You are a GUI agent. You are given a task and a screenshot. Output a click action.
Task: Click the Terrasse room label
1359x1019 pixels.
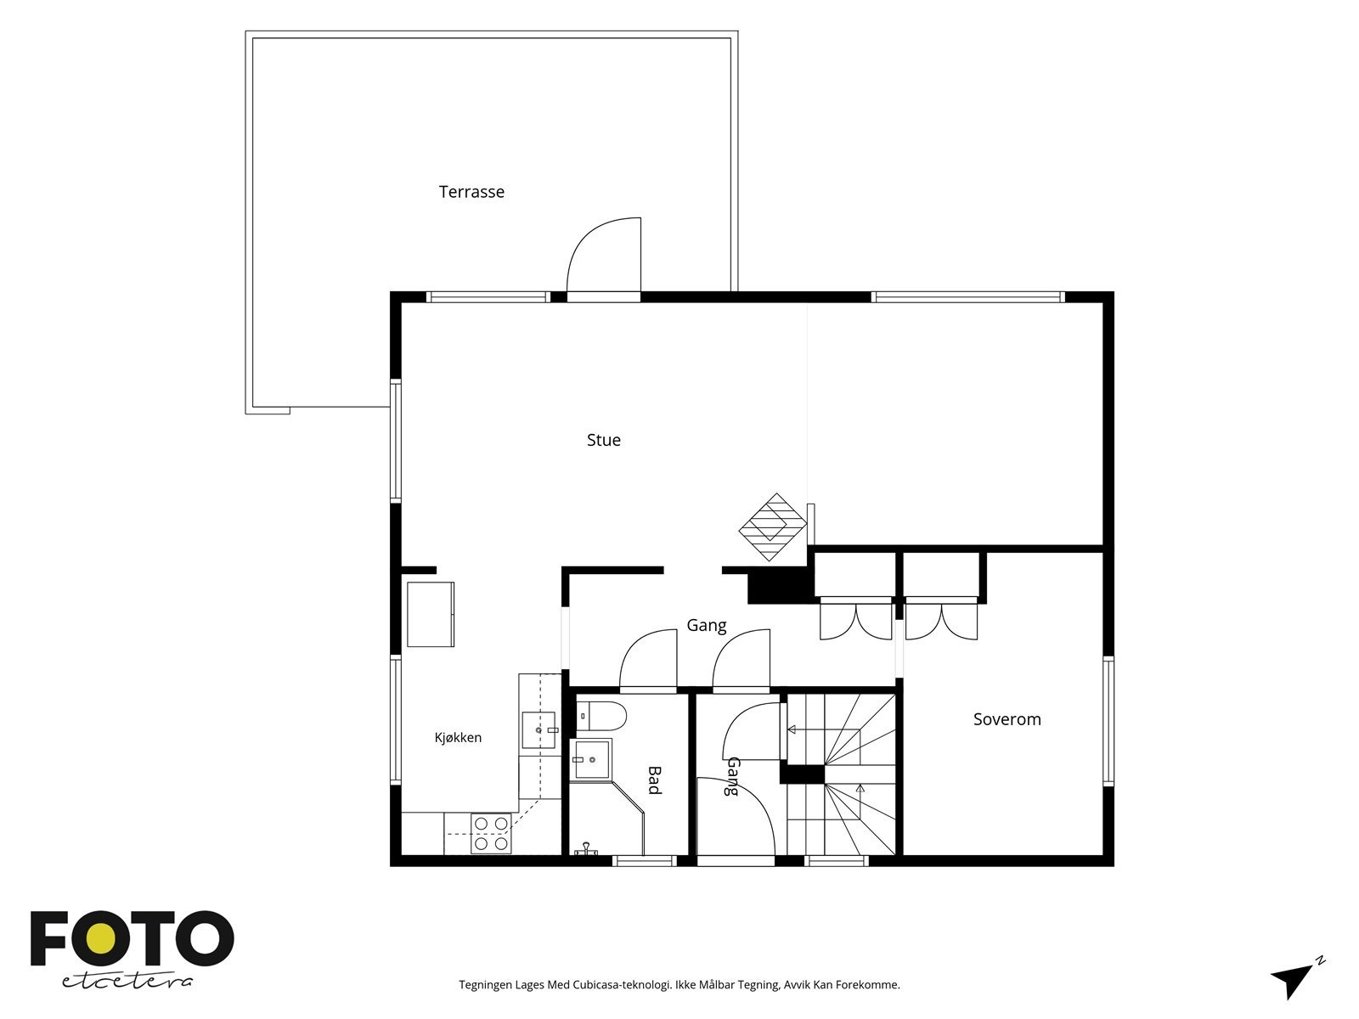(471, 192)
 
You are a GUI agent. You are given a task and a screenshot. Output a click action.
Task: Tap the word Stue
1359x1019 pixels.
(604, 440)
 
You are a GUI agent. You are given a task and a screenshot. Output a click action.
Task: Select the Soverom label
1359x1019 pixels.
(1007, 719)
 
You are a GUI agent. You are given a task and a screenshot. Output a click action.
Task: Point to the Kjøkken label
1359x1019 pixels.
(458, 737)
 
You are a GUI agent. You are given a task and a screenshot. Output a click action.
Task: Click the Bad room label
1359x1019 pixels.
(654, 780)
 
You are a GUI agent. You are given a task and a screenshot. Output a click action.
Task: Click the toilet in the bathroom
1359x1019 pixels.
(601, 716)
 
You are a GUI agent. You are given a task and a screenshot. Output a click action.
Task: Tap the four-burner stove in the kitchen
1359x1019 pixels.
(491, 833)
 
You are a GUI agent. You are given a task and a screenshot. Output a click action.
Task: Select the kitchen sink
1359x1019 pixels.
(539, 730)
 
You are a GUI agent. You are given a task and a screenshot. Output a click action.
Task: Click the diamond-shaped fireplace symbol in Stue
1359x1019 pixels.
(773, 527)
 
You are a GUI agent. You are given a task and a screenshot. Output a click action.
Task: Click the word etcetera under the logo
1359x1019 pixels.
(127, 982)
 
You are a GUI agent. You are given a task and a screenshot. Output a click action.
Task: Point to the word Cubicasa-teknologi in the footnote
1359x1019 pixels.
(623, 984)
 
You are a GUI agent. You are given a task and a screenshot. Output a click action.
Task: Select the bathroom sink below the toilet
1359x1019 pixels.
(591, 758)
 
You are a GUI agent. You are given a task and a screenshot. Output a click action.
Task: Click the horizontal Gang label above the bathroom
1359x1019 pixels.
(707, 626)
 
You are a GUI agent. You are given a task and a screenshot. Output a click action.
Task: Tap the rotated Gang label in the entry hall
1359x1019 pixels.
(732, 776)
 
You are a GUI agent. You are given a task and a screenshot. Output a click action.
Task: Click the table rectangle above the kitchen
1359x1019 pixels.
(431, 614)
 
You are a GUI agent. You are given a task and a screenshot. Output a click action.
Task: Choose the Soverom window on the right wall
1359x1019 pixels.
(1108, 721)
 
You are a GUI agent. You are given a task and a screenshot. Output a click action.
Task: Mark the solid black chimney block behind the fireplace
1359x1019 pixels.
(780, 585)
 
